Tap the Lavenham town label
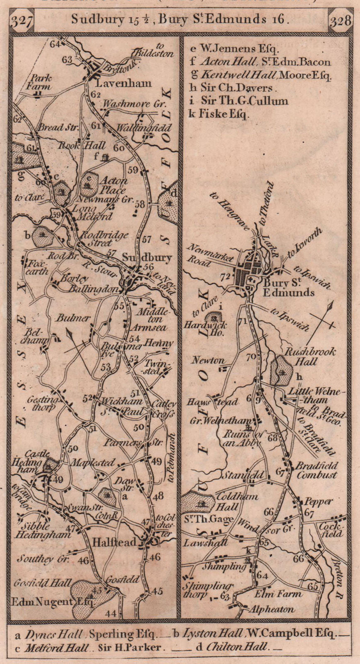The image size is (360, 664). (x=123, y=84)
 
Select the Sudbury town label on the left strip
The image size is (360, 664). (x=147, y=258)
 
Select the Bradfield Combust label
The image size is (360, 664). (x=316, y=470)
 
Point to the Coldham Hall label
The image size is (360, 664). (x=242, y=501)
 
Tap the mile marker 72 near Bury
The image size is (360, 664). (x=225, y=277)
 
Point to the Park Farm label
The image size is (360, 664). (x=41, y=82)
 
